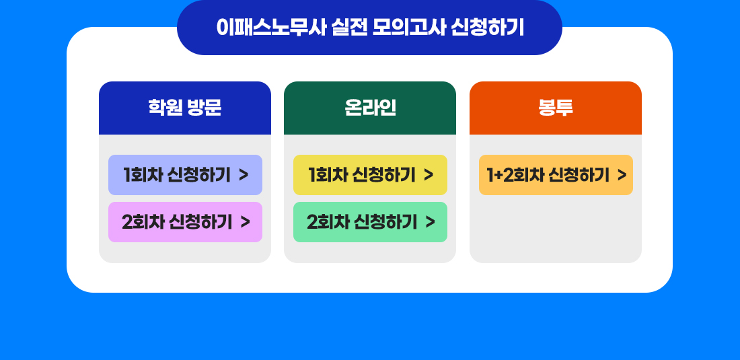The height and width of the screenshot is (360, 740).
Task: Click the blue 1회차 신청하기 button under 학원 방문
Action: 185,175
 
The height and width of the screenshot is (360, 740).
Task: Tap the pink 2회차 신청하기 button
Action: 185,222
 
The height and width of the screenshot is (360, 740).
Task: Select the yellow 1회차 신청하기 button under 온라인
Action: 370,175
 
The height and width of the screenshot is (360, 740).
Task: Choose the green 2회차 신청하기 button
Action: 370,222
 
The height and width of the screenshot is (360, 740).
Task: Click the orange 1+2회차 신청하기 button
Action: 556,175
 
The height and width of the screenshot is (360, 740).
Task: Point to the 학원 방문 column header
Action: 185,108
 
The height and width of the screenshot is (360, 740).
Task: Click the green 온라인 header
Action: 370,108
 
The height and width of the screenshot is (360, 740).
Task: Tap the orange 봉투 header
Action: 556,108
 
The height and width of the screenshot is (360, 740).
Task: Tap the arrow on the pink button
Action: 245,222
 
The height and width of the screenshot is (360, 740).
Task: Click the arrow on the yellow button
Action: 429,175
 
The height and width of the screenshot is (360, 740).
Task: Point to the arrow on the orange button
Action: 622,175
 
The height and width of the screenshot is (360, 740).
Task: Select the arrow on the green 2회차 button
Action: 430,222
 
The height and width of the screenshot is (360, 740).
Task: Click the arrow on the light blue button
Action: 244,175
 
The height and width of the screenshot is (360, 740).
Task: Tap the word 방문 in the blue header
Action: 204,108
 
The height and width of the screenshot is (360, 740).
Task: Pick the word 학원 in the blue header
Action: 165,108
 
